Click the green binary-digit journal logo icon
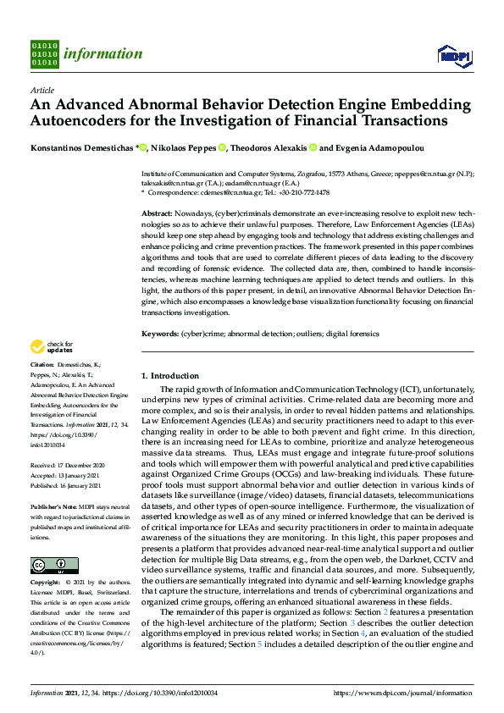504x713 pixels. [44, 53]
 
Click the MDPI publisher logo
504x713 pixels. [453, 56]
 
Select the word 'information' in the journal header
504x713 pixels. [102, 53]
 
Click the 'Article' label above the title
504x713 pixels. [42, 90]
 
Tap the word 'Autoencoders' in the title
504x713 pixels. [79, 120]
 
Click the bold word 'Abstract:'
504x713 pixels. [157, 214]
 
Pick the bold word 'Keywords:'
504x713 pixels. [160, 334]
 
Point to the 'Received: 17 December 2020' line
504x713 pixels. [68, 466]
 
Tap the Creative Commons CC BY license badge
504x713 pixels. [54, 565]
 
